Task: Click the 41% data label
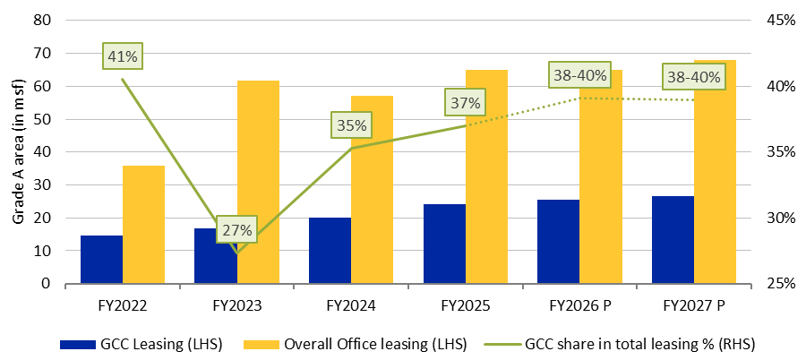coord(123,56)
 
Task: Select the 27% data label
coord(237,229)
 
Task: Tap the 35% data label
coord(351,124)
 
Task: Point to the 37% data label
coord(465,102)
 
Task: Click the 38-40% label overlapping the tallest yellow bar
coord(693,77)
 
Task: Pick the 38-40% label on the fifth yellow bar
coord(580,75)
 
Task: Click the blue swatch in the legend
coord(78,344)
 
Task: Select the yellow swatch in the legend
coord(262,344)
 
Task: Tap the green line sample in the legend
coord(502,344)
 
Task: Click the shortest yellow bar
coord(143,224)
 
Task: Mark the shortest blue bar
coord(101,260)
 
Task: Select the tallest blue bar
coord(673,240)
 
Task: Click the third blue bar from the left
coord(330,251)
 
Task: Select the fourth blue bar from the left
coord(444,244)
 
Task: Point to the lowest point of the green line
coord(237,253)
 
